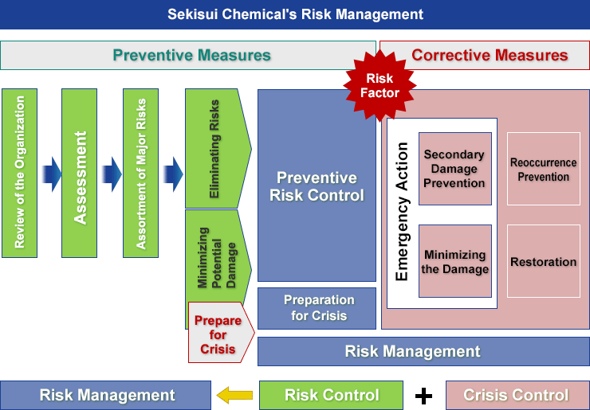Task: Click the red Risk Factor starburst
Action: [380, 86]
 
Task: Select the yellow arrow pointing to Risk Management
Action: [234, 395]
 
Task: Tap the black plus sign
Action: [423, 396]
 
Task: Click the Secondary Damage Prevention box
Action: [455, 169]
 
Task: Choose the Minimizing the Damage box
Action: [455, 261]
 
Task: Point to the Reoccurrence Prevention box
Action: [543, 169]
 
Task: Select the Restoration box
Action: [543, 261]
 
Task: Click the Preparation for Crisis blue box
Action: [317, 308]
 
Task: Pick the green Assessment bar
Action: [80, 174]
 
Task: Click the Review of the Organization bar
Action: [20, 174]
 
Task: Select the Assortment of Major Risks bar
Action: [141, 174]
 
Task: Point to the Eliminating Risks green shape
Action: [218, 148]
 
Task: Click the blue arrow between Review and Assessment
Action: [52, 174]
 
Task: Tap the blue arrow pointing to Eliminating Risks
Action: [174, 174]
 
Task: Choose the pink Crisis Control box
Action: [517, 396]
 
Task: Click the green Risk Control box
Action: [331, 396]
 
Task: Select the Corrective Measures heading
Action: [490, 55]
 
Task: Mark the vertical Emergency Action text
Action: [402, 212]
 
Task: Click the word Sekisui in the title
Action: [192, 14]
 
